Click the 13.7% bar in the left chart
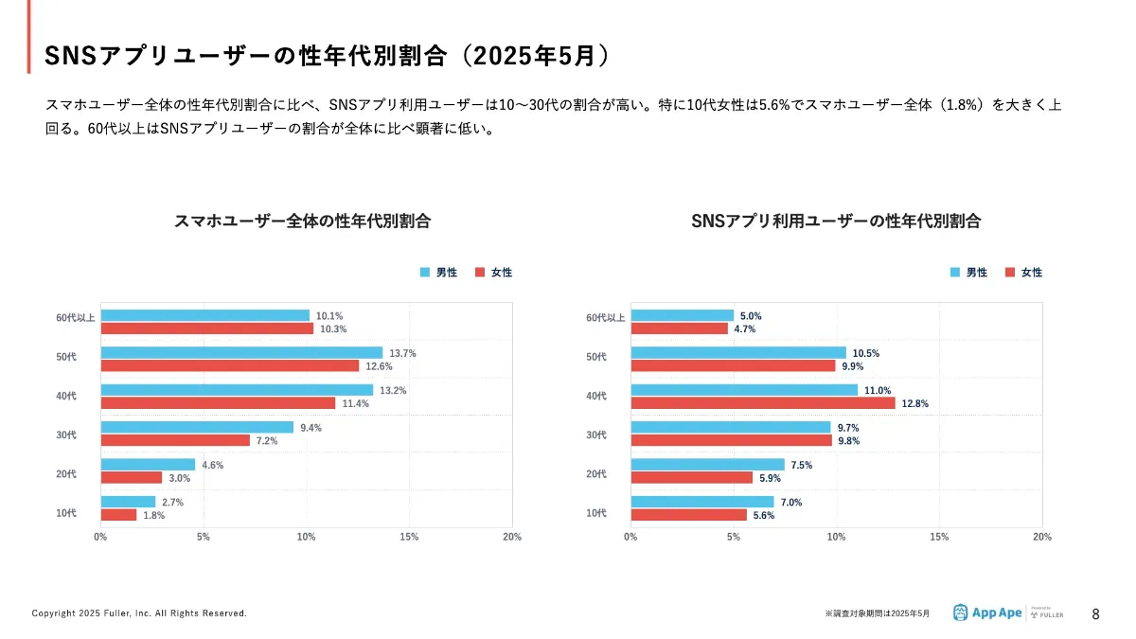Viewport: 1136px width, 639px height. (241, 353)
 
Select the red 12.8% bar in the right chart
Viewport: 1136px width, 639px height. (762, 403)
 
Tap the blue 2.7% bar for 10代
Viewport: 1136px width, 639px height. (128, 502)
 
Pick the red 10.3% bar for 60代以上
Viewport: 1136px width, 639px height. (206, 328)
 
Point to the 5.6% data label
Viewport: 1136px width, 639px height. (764, 516)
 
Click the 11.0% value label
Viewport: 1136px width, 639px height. (878, 390)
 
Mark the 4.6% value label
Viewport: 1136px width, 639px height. (212, 465)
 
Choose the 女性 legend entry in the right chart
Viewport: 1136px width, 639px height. (1024, 273)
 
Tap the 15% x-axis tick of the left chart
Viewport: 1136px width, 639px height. (409, 537)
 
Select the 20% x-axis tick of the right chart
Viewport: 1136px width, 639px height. (1041, 537)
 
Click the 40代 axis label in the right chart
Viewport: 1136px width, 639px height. (596, 397)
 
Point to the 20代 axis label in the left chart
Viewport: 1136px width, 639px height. (66, 474)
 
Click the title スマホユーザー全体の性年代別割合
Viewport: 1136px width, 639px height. (303, 222)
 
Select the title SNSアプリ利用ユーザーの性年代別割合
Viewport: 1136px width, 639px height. (836, 222)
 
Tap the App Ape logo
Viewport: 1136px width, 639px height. (987, 612)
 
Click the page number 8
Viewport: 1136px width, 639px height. (1096, 613)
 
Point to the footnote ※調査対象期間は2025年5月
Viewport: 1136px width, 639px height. (878, 613)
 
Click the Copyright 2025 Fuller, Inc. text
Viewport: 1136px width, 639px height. (139, 613)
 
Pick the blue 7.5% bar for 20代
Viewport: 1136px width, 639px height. (707, 464)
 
